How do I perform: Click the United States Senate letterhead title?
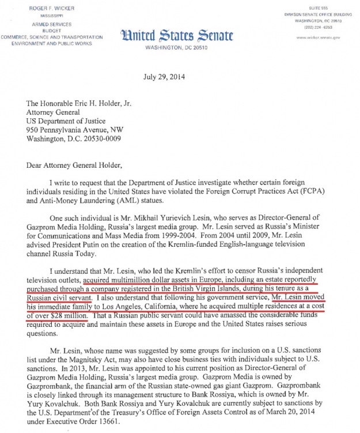pos(177,36)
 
